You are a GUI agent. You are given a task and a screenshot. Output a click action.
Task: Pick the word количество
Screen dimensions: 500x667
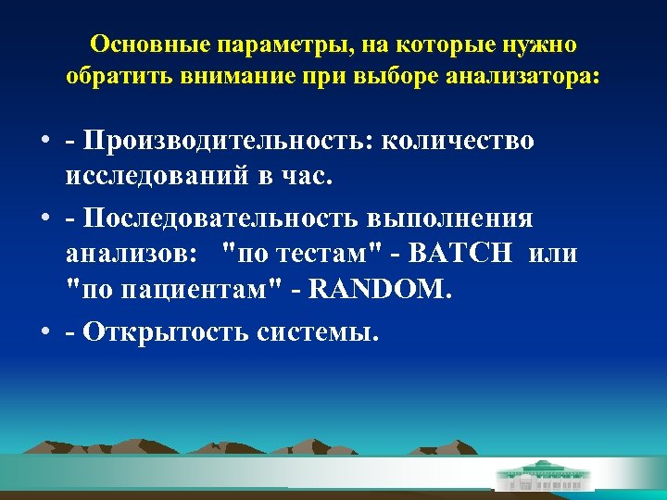coord(458,141)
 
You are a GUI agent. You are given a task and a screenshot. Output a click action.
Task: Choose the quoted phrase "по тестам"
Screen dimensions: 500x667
coord(298,254)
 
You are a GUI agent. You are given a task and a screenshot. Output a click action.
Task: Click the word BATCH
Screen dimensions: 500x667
coord(458,254)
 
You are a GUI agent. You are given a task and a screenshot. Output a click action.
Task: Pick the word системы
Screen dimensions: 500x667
coord(312,331)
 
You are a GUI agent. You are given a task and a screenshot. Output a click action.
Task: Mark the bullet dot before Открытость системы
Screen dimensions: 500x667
coord(44,332)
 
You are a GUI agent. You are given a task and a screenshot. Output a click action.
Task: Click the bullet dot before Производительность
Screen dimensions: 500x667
coord(44,142)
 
